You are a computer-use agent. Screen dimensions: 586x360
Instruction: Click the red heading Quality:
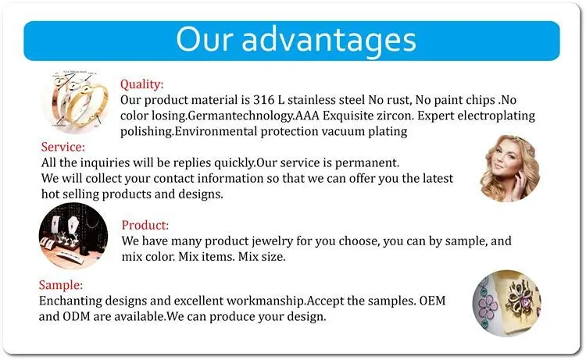tap(141, 84)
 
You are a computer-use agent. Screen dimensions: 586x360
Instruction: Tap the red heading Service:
tap(63, 147)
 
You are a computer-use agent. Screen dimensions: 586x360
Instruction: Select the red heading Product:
tap(145, 225)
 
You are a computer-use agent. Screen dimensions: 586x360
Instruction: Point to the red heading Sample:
tap(60, 285)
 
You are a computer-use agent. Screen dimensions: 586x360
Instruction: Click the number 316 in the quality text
tap(264, 100)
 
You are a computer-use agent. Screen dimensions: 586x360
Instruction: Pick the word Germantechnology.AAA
tap(253, 116)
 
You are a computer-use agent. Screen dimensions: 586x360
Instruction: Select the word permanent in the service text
tap(366, 163)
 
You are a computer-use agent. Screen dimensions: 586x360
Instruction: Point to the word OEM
tap(432, 301)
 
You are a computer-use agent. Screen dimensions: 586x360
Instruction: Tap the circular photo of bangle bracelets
tap(76, 101)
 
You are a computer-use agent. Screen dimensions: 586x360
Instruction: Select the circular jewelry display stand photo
tap(73, 236)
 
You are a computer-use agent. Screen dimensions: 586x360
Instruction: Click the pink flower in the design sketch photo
tap(488, 305)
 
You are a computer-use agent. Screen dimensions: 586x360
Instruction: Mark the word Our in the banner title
tap(205, 39)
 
